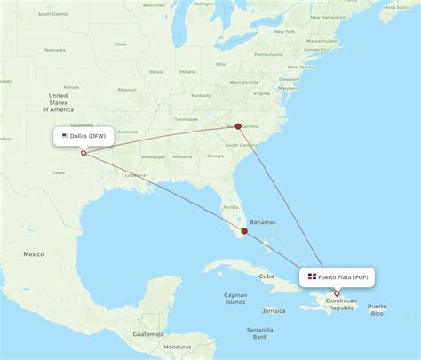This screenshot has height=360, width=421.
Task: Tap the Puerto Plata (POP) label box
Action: click(338, 277)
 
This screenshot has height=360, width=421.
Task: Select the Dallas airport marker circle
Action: click(83, 153)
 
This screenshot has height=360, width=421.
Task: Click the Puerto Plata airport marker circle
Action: click(337, 293)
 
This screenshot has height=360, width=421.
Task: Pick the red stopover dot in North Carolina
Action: click(238, 126)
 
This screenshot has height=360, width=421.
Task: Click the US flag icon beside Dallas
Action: click(65, 136)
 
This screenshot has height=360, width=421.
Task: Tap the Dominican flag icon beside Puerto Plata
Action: click(313, 277)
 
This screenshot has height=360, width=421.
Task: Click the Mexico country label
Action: click(34, 254)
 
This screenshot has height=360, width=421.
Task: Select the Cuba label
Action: click(266, 276)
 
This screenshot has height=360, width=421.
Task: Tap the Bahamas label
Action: click(263, 222)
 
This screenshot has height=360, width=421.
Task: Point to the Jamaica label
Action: click(274, 310)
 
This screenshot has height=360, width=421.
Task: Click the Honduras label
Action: click(178, 346)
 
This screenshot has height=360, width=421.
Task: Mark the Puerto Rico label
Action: click(377, 309)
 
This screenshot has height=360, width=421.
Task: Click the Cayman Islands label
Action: click(235, 298)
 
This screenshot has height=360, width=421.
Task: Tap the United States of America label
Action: click(61, 102)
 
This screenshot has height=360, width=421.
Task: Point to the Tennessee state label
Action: click(186, 118)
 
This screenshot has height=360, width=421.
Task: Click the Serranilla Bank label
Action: click(260, 332)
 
